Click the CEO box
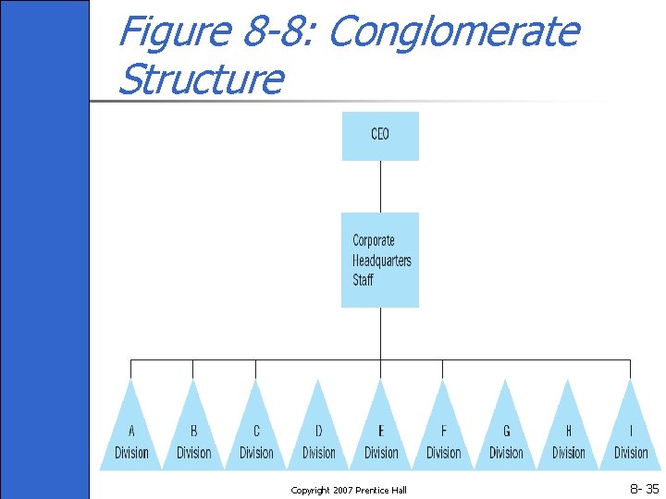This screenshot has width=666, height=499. coord(380,136)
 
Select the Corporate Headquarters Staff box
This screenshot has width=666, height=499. coord(380,260)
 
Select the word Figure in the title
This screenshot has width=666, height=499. coord(174,32)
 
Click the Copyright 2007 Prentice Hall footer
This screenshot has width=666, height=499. coord(348,490)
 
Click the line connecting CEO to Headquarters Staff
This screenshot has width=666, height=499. coord(380,187)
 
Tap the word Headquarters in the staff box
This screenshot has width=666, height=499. coord(382,260)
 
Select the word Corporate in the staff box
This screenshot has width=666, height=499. coord(374,240)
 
